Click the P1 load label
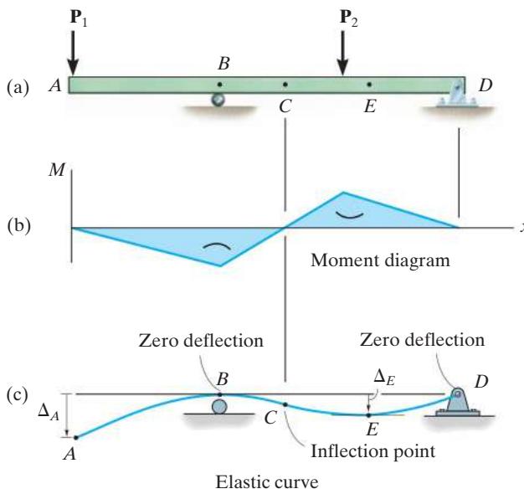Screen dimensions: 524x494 79,18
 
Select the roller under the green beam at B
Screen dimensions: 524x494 218,100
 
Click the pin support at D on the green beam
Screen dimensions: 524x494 457,94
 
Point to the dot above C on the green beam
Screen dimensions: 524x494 285,85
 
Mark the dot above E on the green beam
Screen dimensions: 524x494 369,85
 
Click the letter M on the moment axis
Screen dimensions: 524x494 56,169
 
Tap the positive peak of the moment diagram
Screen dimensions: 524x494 343,193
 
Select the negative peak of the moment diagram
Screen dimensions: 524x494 220,265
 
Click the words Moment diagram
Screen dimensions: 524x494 380,260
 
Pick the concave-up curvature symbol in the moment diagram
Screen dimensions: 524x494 349,215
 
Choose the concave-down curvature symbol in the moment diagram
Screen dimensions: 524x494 217,246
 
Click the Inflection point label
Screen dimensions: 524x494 373,451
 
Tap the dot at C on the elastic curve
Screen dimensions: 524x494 285,404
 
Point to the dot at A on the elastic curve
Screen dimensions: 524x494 76,438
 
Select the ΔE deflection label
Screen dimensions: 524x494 384,378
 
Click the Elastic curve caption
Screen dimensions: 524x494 267,482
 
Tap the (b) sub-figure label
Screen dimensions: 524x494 18,225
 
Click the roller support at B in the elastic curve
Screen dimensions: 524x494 219,407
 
